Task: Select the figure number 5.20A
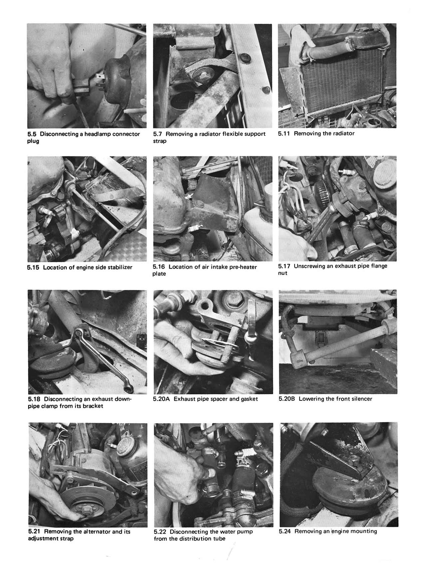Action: click(x=162, y=399)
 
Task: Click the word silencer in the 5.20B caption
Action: click(x=360, y=399)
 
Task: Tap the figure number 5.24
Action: click(x=285, y=531)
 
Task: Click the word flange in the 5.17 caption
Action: click(x=378, y=266)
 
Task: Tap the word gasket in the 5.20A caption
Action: click(x=248, y=399)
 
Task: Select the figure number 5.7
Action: click(x=158, y=134)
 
